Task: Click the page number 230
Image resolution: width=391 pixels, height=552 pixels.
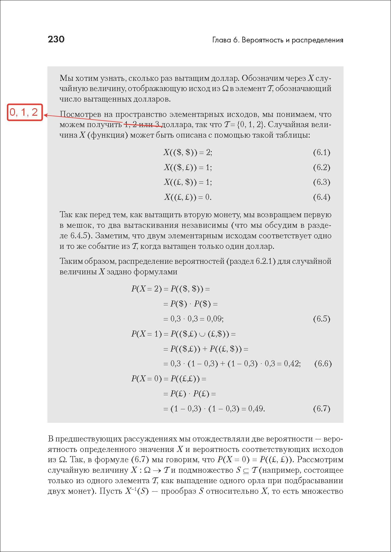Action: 56,39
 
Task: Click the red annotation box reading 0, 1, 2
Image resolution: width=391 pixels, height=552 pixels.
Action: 25,112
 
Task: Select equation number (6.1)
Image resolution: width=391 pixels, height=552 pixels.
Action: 321,152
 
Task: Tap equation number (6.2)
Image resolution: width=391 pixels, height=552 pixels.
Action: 321,167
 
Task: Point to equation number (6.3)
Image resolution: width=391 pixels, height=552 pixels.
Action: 321,182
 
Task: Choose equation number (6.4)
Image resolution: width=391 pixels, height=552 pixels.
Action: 321,197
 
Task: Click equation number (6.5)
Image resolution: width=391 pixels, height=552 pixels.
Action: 321,319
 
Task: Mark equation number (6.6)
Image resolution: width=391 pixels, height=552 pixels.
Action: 323,364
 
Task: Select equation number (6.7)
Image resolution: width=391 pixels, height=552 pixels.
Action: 321,409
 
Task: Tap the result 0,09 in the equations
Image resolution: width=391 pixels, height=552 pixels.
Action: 215,319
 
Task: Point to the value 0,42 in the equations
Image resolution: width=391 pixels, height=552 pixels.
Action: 292,364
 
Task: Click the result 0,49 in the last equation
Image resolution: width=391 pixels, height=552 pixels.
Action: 256,409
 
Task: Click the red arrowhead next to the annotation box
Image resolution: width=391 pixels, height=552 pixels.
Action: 46,115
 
